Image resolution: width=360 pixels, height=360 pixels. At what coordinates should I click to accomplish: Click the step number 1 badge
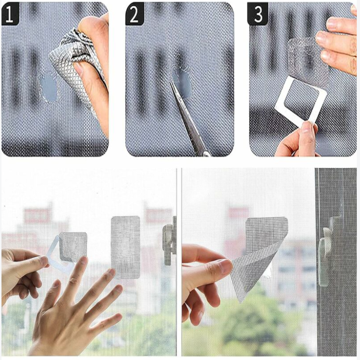9,14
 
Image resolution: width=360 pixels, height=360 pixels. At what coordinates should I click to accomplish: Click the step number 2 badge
134,14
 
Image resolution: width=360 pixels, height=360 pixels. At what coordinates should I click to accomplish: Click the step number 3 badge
258,14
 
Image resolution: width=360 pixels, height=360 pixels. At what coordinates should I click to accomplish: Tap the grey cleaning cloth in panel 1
76,69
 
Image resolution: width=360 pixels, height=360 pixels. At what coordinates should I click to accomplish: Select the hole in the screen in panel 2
182,85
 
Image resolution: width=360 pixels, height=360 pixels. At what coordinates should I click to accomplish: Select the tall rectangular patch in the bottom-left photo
125,247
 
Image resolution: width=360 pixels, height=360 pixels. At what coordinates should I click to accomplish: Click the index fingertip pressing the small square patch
84,261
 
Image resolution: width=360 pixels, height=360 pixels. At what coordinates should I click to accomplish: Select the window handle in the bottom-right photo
326,252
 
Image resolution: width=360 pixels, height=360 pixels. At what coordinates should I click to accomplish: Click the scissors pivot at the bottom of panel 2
206,153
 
